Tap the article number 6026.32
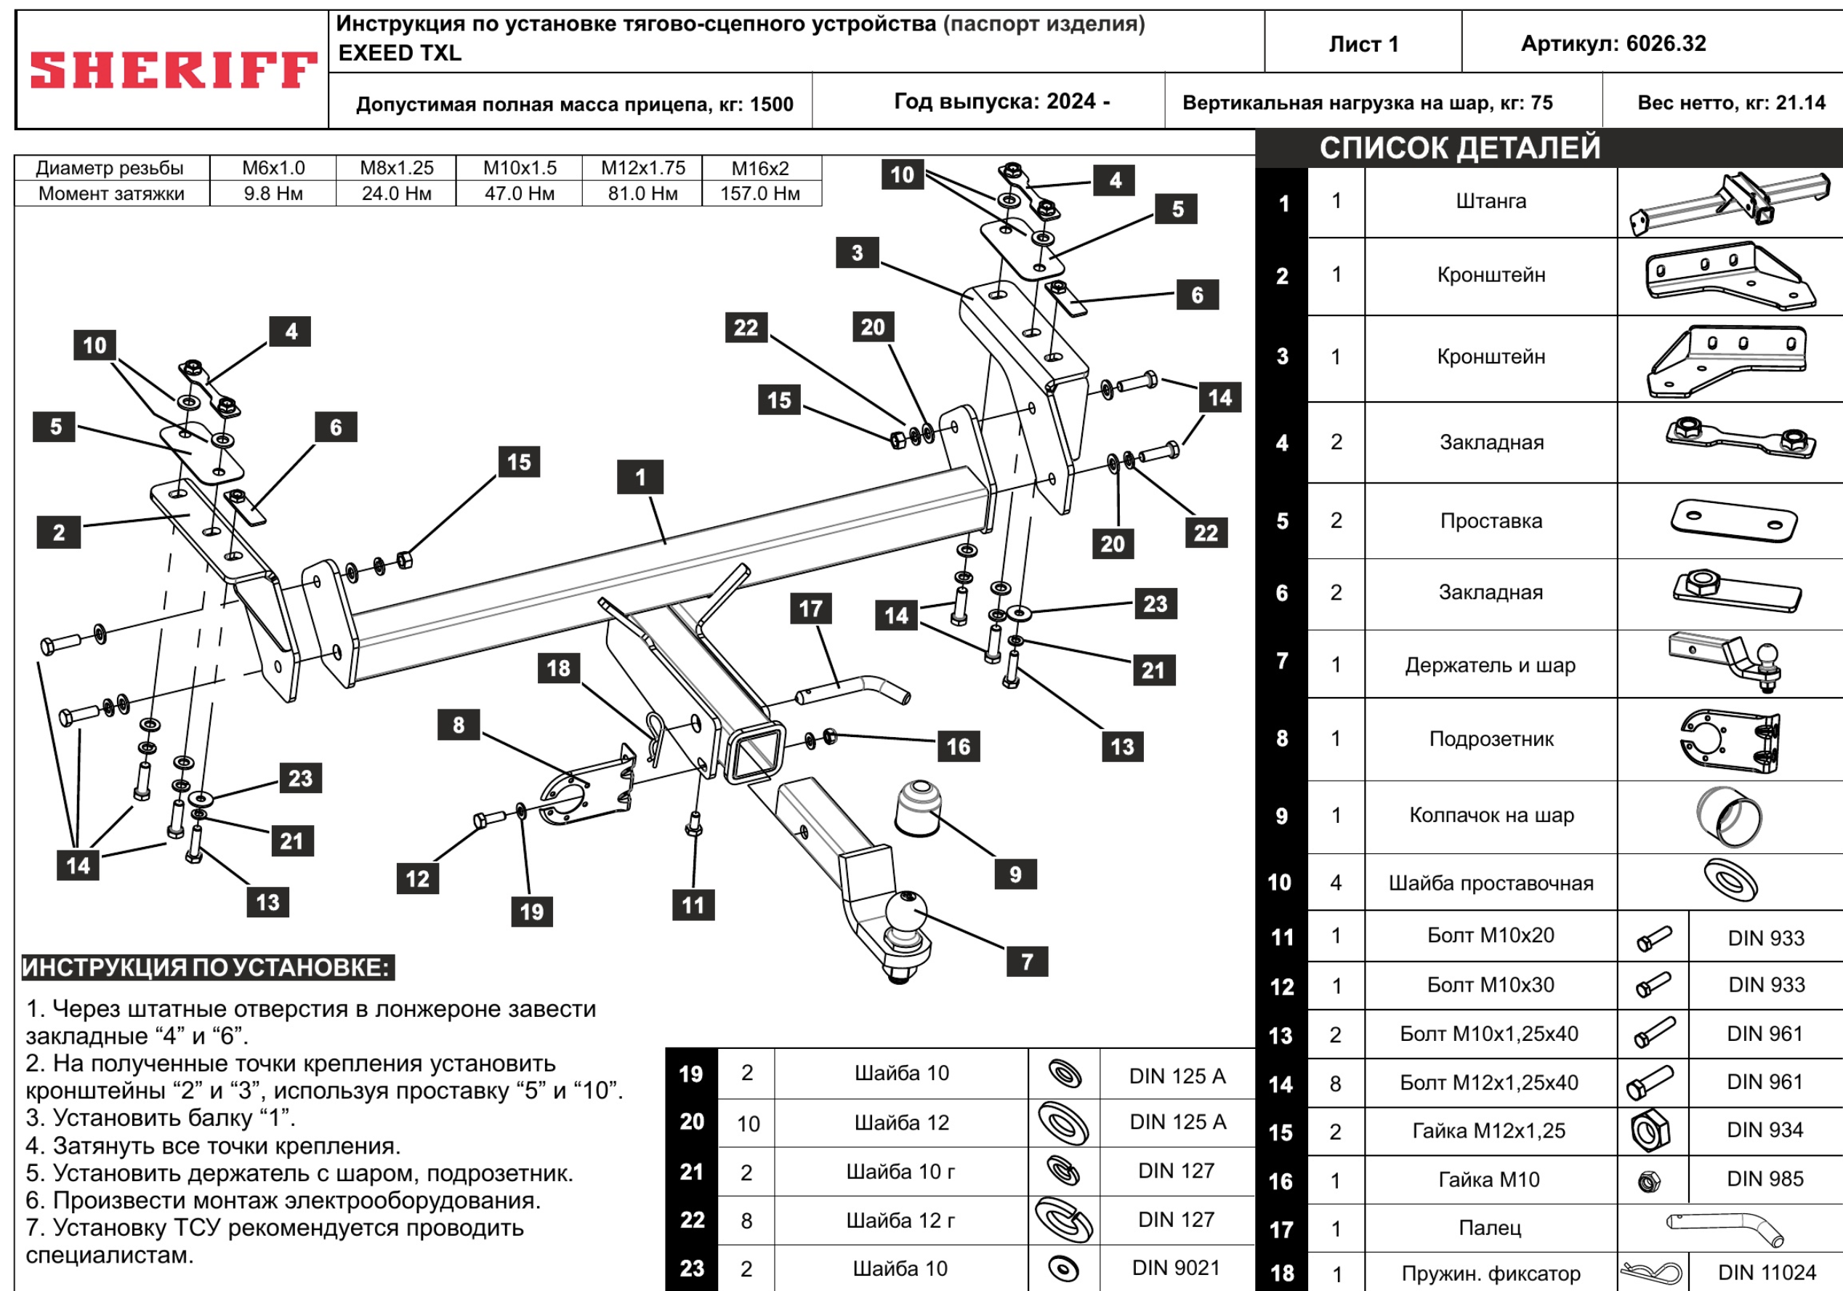tap(1613, 44)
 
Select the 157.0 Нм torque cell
tap(759, 193)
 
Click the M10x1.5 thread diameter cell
tap(520, 168)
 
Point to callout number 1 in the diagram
tap(640, 477)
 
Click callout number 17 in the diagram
tap(810, 608)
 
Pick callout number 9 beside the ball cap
tap(1015, 874)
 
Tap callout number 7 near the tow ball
tap(1027, 961)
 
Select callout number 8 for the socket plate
tap(459, 725)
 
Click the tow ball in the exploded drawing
tap(906, 915)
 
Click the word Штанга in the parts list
tap(1491, 201)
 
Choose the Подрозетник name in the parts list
tap(1491, 739)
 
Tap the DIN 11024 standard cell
tap(1766, 1273)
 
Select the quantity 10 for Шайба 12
tap(748, 1123)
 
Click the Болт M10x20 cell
tap(1490, 936)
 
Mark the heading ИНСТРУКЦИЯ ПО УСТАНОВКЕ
tap(207, 968)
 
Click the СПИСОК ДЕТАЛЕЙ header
tap(1459, 148)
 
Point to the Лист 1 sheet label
tap(1363, 44)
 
